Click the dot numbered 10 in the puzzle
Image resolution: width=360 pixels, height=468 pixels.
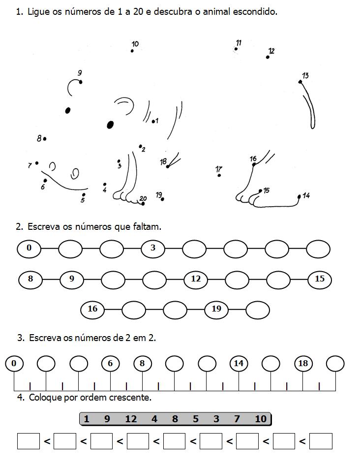pyautogui.click(x=132, y=51)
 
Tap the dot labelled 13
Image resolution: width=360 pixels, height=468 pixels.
pyautogui.click(x=300, y=82)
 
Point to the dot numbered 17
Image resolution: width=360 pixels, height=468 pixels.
pyautogui.click(x=219, y=175)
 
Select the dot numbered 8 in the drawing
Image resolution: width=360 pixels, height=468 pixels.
pyautogui.click(x=45, y=139)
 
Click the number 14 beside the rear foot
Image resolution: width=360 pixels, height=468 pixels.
pyautogui.click(x=306, y=195)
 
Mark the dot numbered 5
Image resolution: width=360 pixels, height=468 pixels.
pyautogui.click(x=84, y=194)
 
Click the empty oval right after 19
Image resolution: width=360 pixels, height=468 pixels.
pyautogui.click(x=258, y=310)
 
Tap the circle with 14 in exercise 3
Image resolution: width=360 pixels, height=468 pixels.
pyautogui.click(x=239, y=364)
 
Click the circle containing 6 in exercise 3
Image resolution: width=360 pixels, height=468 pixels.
pyautogui.click(x=110, y=364)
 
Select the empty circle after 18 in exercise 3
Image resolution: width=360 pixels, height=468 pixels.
pyautogui.click(x=335, y=364)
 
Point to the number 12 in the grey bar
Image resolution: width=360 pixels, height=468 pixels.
pyautogui.click(x=131, y=419)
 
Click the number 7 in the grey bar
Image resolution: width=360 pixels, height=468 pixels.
pyautogui.click(x=237, y=419)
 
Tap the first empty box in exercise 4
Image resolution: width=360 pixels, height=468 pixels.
pyautogui.click(x=29, y=441)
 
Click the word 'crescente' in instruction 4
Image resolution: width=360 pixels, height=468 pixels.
pyautogui.click(x=130, y=398)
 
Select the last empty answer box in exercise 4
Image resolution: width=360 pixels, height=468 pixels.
pyautogui.click(x=321, y=441)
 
